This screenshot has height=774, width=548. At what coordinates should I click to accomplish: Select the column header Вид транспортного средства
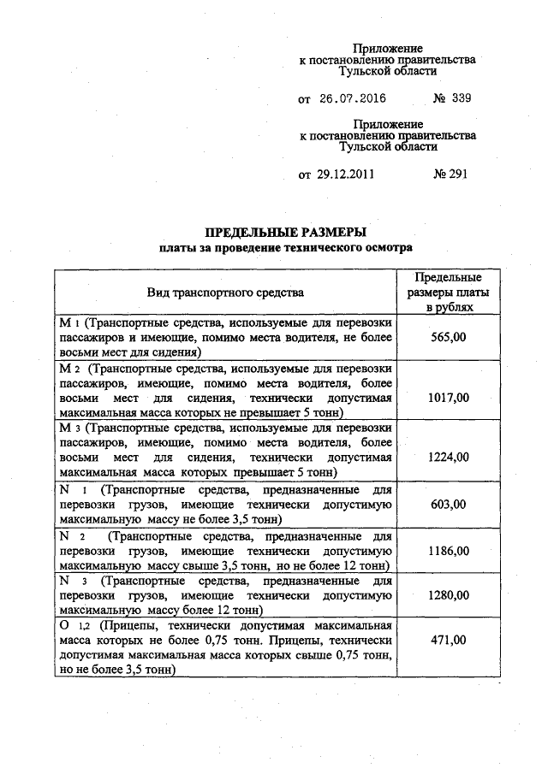point(225,292)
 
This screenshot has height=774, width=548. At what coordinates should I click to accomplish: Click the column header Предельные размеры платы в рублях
point(448,292)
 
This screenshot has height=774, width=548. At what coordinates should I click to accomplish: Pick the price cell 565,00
point(448,338)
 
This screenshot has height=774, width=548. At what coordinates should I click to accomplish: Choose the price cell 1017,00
point(448,398)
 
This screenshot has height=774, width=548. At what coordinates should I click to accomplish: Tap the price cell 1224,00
point(448,457)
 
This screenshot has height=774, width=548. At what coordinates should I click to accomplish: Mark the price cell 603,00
point(448,504)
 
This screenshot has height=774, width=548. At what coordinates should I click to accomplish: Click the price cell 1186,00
point(448,551)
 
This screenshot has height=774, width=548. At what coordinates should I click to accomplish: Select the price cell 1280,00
point(448,594)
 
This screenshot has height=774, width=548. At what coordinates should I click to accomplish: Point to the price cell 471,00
point(448,640)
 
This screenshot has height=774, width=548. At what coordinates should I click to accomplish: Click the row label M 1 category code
point(68,325)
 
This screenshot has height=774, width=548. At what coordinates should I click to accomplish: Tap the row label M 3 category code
point(69,427)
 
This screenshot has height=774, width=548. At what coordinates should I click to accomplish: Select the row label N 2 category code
point(69,536)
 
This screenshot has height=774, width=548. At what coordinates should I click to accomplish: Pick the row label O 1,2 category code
point(72,625)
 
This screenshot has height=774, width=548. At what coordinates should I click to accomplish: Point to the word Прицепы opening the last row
point(117,625)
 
